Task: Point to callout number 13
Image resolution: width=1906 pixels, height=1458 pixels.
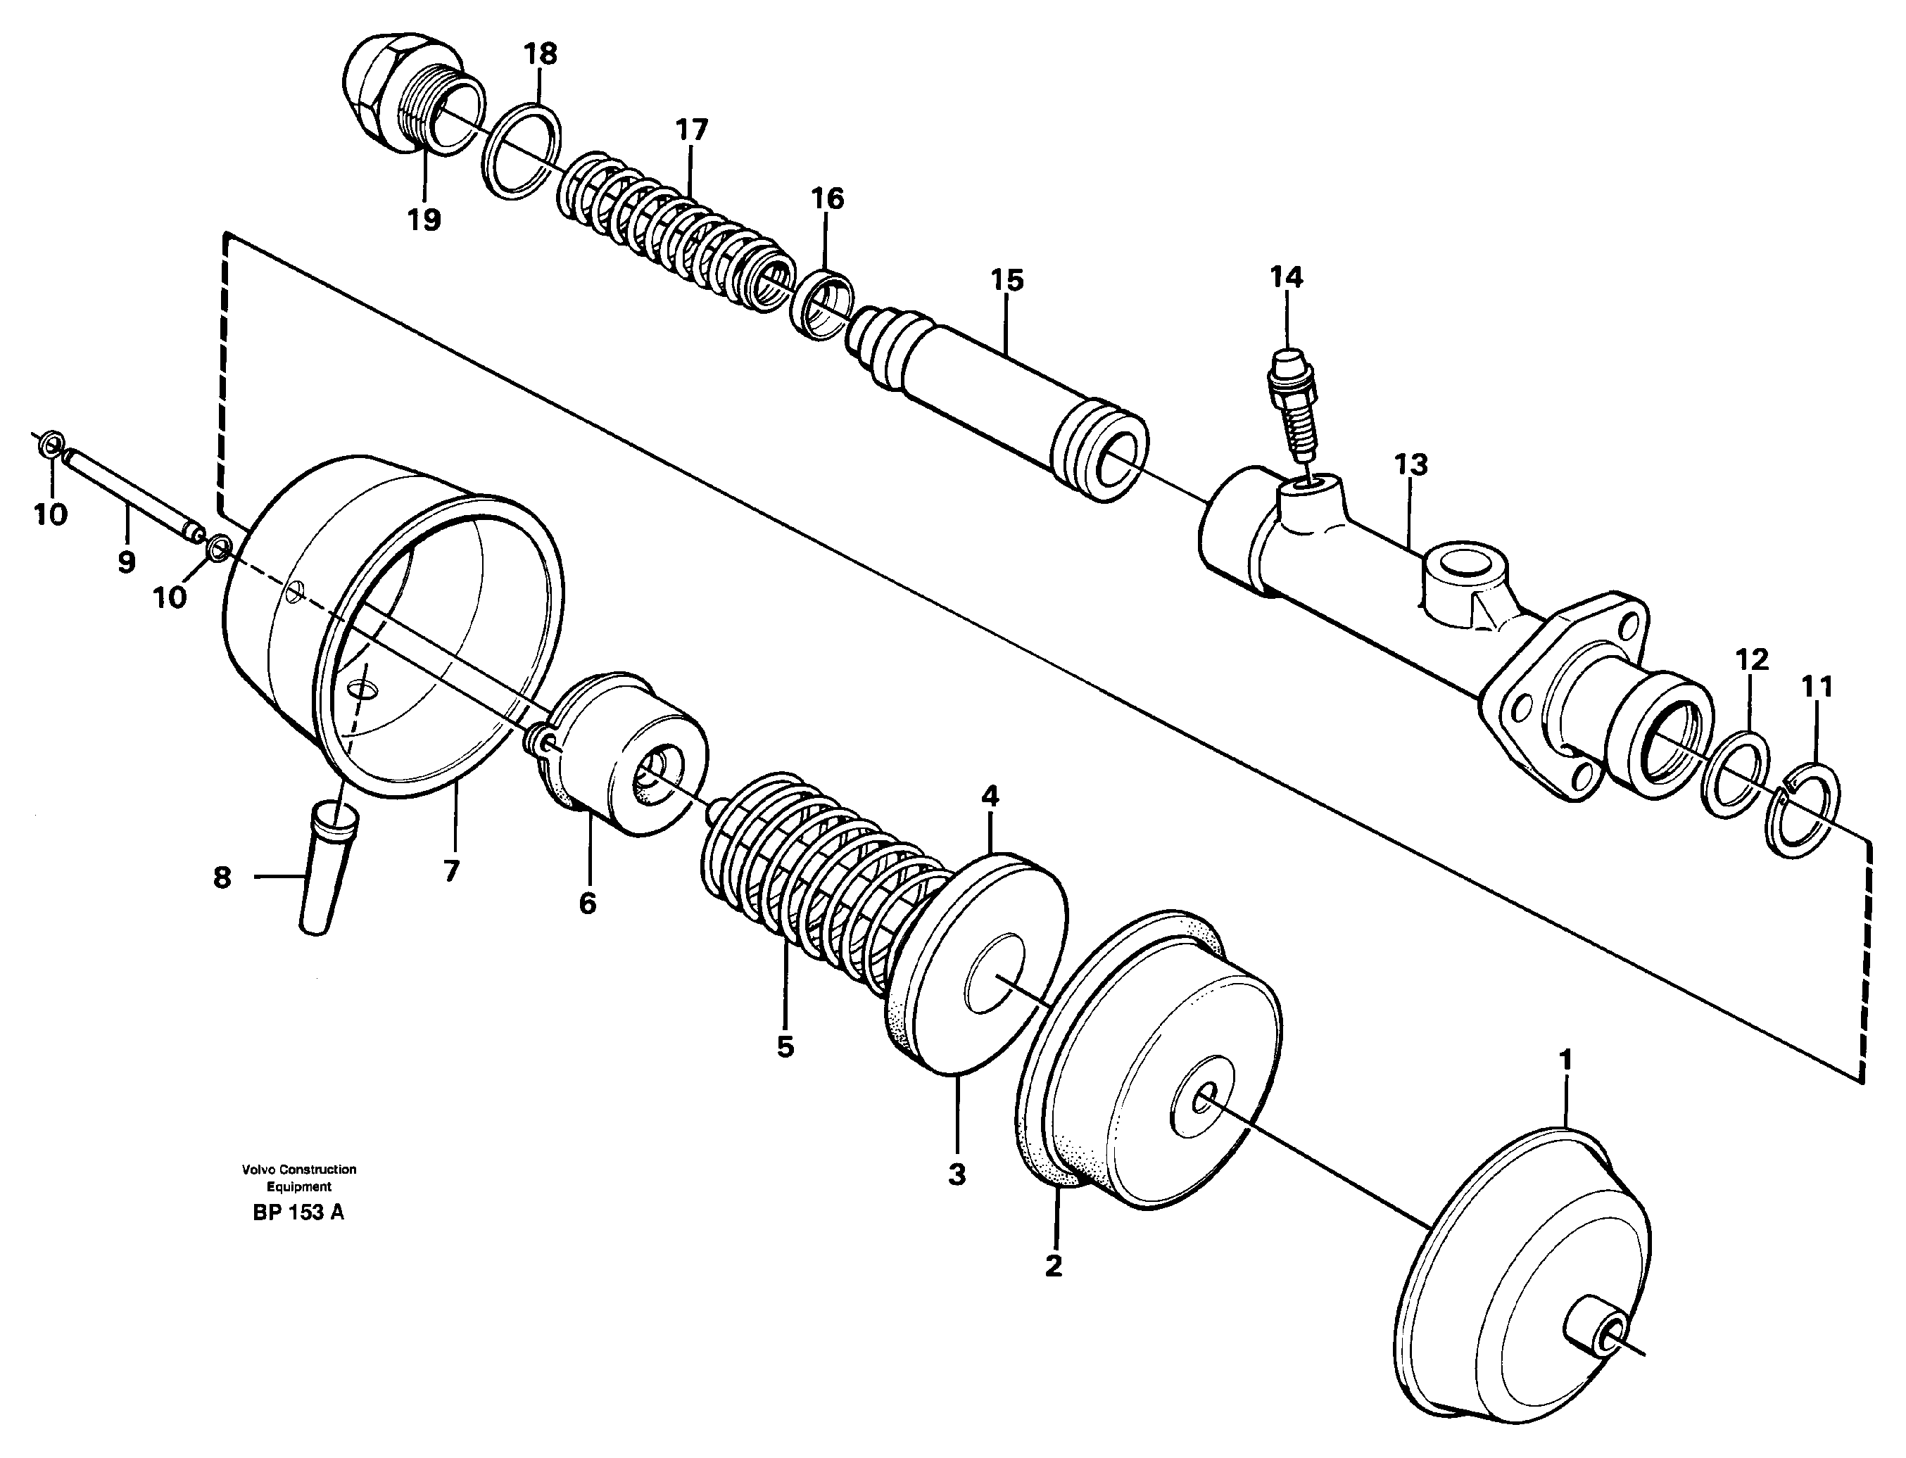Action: tap(1410, 464)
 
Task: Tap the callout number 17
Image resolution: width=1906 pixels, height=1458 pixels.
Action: tap(691, 130)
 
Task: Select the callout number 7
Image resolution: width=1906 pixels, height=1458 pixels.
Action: tap(450, 870)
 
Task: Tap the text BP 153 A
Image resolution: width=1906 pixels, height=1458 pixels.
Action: tap(298, 1212)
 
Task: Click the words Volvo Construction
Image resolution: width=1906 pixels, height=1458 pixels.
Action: tap(298, 1169)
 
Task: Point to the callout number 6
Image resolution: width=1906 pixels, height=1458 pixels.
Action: tap(588, 904)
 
